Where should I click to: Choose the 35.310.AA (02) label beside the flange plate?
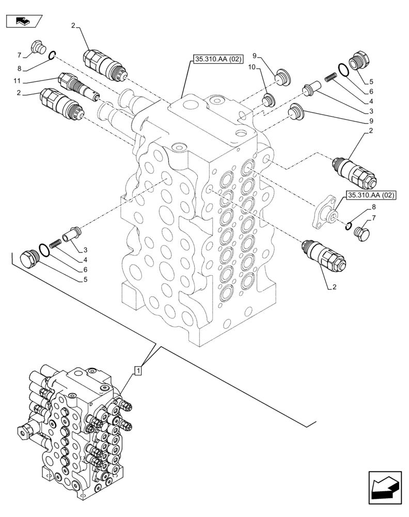(x=371, y=195)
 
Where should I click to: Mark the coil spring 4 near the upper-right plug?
(x=331, y=78)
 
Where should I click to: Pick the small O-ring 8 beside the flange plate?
(x=350, y=224)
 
